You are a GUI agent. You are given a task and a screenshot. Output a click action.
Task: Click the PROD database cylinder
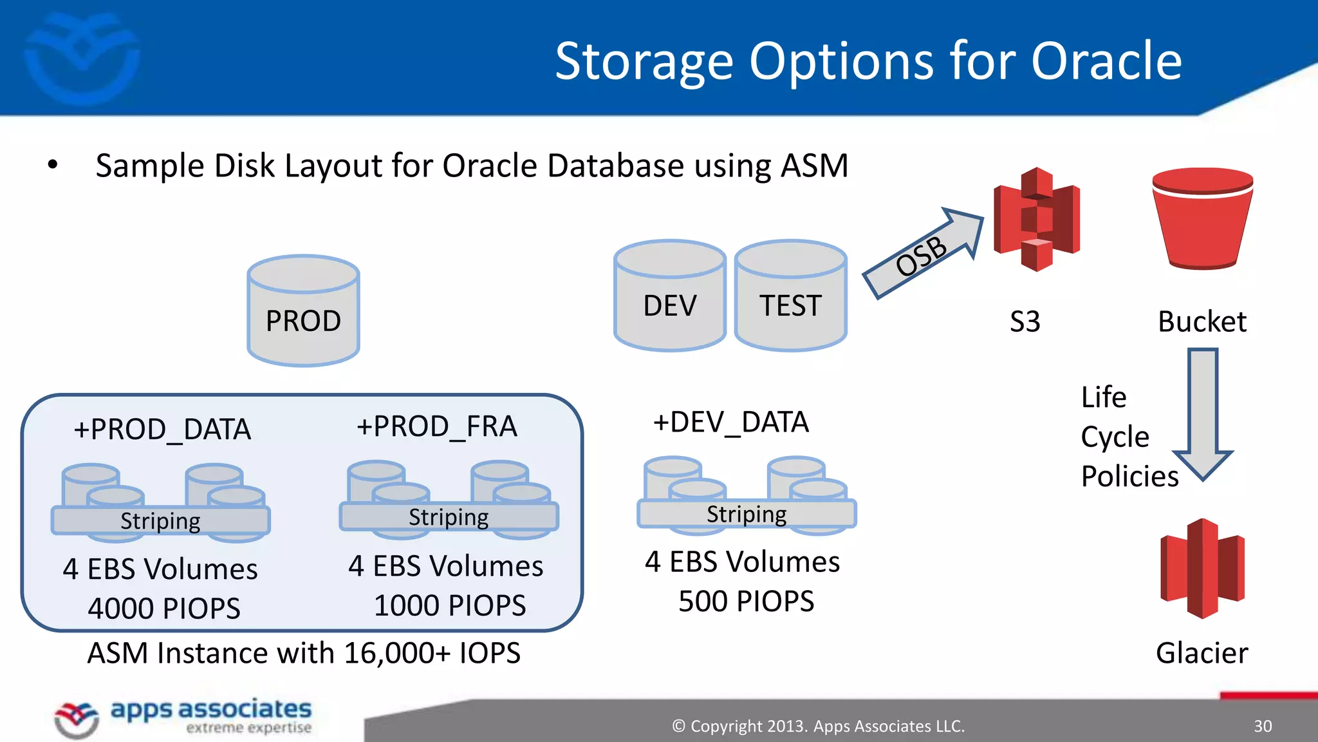(x=303, y=311)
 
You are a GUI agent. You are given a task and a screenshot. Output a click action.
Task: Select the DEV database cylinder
(x=669, y=296)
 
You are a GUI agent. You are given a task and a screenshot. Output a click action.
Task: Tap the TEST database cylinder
(x=790, y=296)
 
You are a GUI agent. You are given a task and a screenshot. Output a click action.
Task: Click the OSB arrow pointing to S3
(x=922, y=254)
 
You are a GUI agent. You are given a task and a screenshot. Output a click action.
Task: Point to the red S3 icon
(x=1036, y=220)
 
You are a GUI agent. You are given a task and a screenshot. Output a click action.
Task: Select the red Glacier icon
(x=1202, y=569)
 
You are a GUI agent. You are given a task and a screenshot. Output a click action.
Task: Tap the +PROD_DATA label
(x=162, y=430)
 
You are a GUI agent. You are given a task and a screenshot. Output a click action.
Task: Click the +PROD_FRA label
(x=437, y=426)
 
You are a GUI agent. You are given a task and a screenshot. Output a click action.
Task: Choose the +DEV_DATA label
(x=731, y=423)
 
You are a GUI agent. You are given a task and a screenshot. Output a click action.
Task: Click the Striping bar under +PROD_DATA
(x=160, y=520)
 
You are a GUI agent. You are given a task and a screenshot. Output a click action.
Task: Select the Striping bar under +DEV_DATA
(x=747, y=514)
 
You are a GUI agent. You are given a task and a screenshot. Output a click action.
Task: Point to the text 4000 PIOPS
(x=164, y=609)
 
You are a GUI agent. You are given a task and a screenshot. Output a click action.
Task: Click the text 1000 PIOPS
(x=450, y=605)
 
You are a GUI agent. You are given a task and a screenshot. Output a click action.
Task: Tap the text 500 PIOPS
(x=747, y=601)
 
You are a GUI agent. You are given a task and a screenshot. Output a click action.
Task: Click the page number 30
(x=1263, y=726)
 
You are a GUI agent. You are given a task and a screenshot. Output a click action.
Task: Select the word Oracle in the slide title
(x=1106, y=61)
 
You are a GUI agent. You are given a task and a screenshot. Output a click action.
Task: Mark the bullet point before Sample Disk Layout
(x=53, y=165)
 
